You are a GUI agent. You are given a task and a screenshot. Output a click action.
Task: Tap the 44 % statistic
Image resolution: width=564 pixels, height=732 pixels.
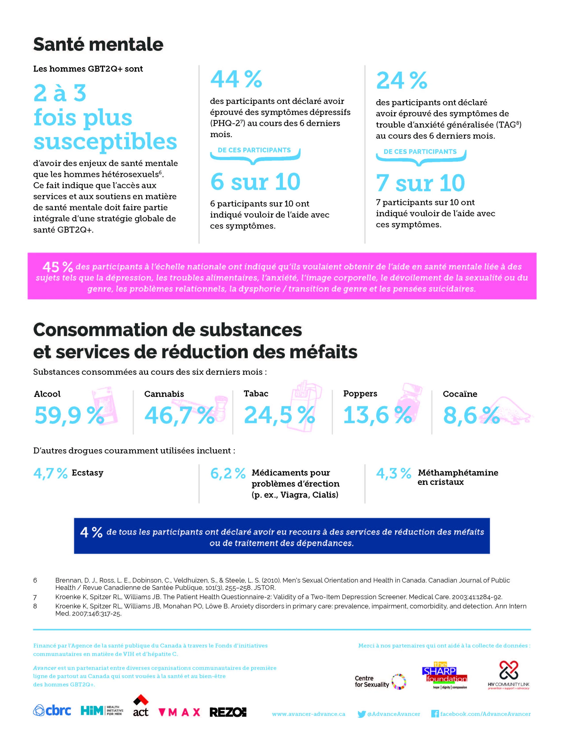point(236,79)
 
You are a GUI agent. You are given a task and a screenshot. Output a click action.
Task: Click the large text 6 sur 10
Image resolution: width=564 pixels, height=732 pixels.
point(255,182)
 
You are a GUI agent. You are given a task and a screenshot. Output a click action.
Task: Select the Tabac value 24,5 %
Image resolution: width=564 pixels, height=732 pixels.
point(279,415)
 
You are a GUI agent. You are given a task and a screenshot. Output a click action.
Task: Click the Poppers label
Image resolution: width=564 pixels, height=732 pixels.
point(360,394)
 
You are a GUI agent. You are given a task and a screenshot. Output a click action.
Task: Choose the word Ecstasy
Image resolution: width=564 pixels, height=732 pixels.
point(88,473)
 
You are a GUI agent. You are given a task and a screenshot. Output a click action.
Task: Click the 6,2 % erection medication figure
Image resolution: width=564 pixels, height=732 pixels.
point(228,473)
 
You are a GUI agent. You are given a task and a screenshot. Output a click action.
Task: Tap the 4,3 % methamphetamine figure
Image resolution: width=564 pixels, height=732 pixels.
point(394,473)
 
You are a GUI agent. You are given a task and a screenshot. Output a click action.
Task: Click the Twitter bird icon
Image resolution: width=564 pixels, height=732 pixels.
point(361,714)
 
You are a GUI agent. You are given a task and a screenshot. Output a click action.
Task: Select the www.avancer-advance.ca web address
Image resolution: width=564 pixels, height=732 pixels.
point(308,714)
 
